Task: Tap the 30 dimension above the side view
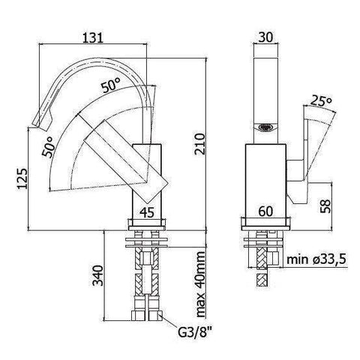point(264,37)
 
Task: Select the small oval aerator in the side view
point(263,127)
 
